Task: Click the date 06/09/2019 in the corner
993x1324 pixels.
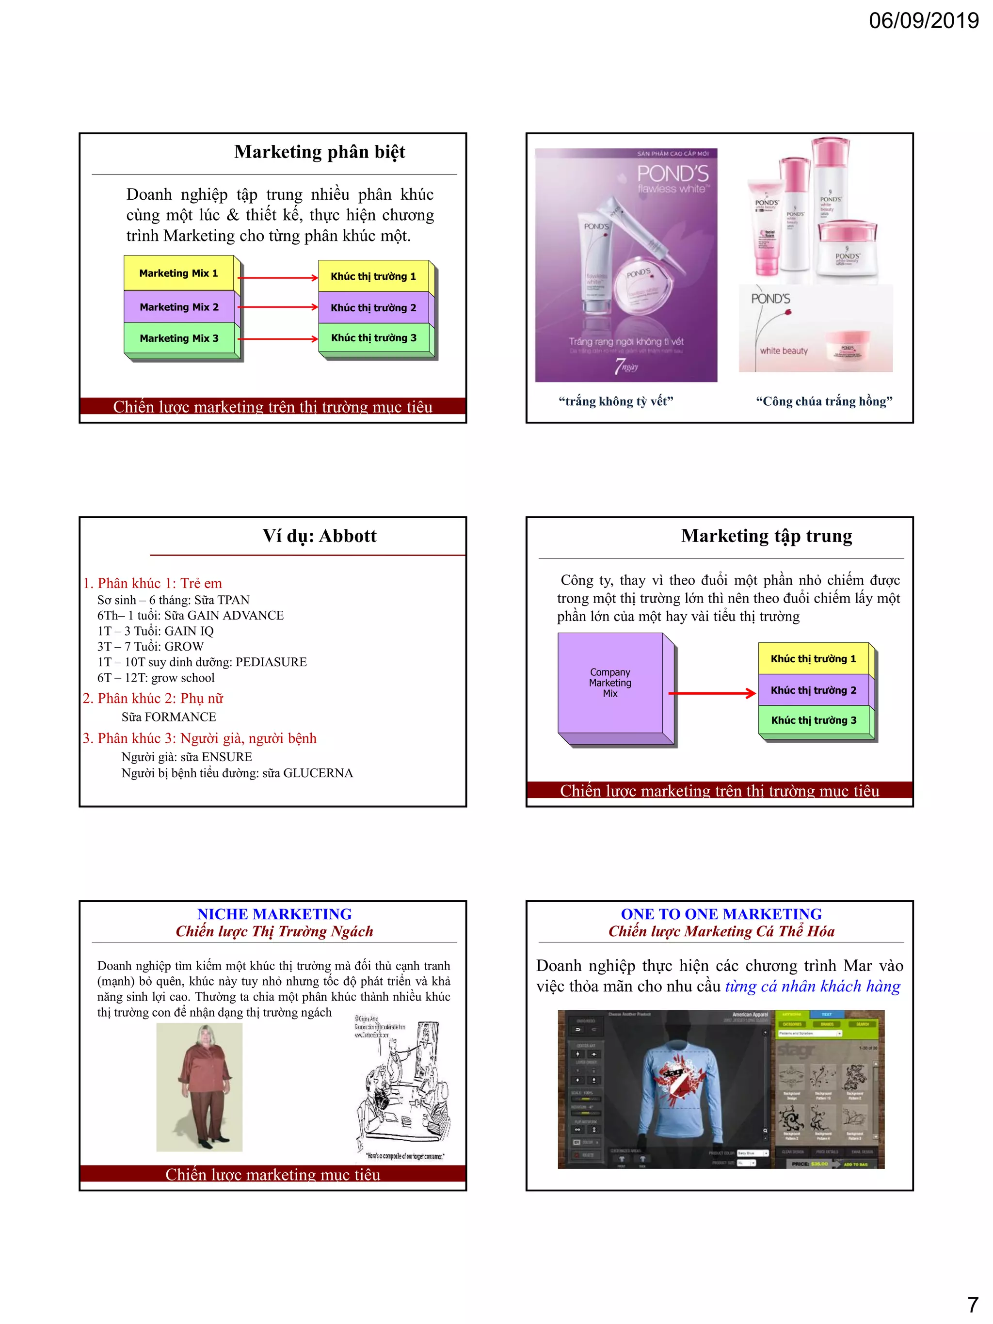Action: [x=923, y=20]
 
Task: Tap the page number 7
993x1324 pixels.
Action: [x=973, y=1304]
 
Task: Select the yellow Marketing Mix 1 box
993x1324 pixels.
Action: [x=178, y=273]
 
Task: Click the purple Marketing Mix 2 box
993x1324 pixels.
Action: [x=179, y=307]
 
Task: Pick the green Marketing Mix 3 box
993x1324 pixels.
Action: [x=179, y=339]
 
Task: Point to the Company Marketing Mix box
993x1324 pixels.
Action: [x=610, y=683]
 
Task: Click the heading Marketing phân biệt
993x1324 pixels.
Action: [x=319, y=152]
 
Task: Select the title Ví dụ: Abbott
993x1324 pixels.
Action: [x=319, y=536]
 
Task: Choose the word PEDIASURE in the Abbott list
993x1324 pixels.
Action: [x=271, y=662]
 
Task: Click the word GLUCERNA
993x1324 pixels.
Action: [x=318, y=773]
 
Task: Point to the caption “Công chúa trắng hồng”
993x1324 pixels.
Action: [x=824, y=401]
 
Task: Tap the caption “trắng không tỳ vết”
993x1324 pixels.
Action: [x=615, y=401]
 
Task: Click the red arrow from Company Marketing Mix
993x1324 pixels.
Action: [x=712, y=694]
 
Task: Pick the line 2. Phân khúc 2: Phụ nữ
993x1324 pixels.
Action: [x=153, y=699]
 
